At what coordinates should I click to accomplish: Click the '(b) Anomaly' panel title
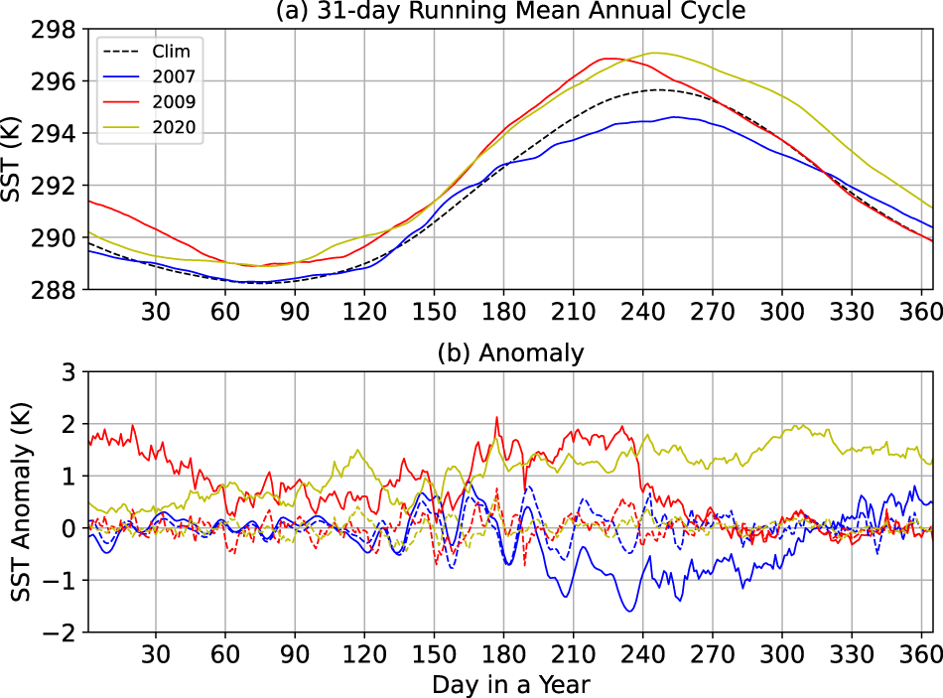(512, 352)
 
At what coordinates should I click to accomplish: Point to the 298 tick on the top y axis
(56, 29)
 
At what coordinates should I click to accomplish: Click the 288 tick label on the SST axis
(56, 290)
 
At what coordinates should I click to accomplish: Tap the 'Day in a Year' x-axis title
(512, 683)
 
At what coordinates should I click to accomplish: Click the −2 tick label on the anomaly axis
(62, 632)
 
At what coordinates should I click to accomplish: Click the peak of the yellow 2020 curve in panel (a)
(654, 53)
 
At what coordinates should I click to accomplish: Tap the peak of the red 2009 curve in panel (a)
(609, 59)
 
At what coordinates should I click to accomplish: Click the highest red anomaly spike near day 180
(497, 418)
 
